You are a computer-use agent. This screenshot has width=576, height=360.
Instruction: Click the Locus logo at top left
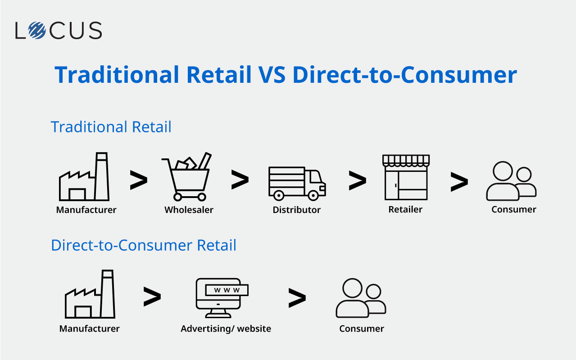point(59,30)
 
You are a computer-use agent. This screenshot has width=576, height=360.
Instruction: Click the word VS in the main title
point(272,75)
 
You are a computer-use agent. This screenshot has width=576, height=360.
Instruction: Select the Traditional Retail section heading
point(111,127)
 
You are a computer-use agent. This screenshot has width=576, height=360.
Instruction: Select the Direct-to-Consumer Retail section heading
point(144,245)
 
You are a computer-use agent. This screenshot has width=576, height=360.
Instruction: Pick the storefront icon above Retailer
point(406,177)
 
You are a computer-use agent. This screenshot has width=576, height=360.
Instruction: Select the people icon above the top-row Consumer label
point(511,181)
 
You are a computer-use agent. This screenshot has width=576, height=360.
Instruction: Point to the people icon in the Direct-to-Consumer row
point(361,298)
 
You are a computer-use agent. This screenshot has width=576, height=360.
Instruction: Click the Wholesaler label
point(189,210)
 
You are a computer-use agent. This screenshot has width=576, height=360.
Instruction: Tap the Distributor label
point(296,210)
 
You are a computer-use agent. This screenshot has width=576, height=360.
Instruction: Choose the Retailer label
point(405,209)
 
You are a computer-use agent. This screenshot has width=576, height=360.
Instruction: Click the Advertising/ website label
point(226,328)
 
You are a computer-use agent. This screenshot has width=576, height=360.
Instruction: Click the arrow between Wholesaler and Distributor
point(240,180)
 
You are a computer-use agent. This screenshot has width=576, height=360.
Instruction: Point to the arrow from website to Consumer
point(297,298)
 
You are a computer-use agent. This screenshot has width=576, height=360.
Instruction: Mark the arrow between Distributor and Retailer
point(357,181)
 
